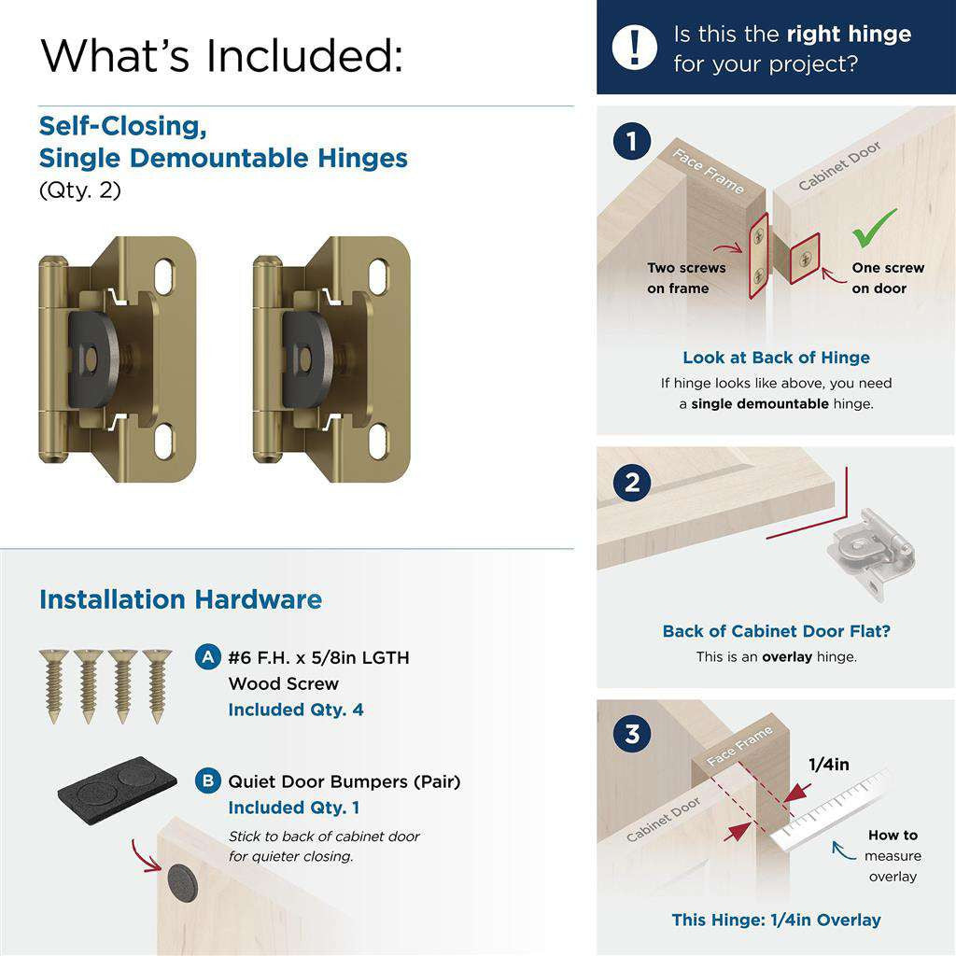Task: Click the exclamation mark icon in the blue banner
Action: pos(636,48)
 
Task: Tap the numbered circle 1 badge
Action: pos(633,143)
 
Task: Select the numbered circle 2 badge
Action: pos(633,483)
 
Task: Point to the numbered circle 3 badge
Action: pos(633,734)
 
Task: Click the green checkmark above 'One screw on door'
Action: pos(875,228)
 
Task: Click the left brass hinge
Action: pos(117,359)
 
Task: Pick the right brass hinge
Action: pos(331,359)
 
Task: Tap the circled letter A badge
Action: pos(207,657)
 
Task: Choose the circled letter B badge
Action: pos(207,780)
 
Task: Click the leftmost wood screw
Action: pos(52,685)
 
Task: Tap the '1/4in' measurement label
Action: pos(828,765)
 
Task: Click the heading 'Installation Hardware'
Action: pos(180,599)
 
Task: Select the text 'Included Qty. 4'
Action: pos(296,710)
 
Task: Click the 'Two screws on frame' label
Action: pos(686,278)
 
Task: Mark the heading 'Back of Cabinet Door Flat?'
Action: pos(776,631)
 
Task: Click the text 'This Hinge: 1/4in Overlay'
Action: pos(776,920)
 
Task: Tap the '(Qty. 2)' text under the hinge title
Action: pos(79,190)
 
